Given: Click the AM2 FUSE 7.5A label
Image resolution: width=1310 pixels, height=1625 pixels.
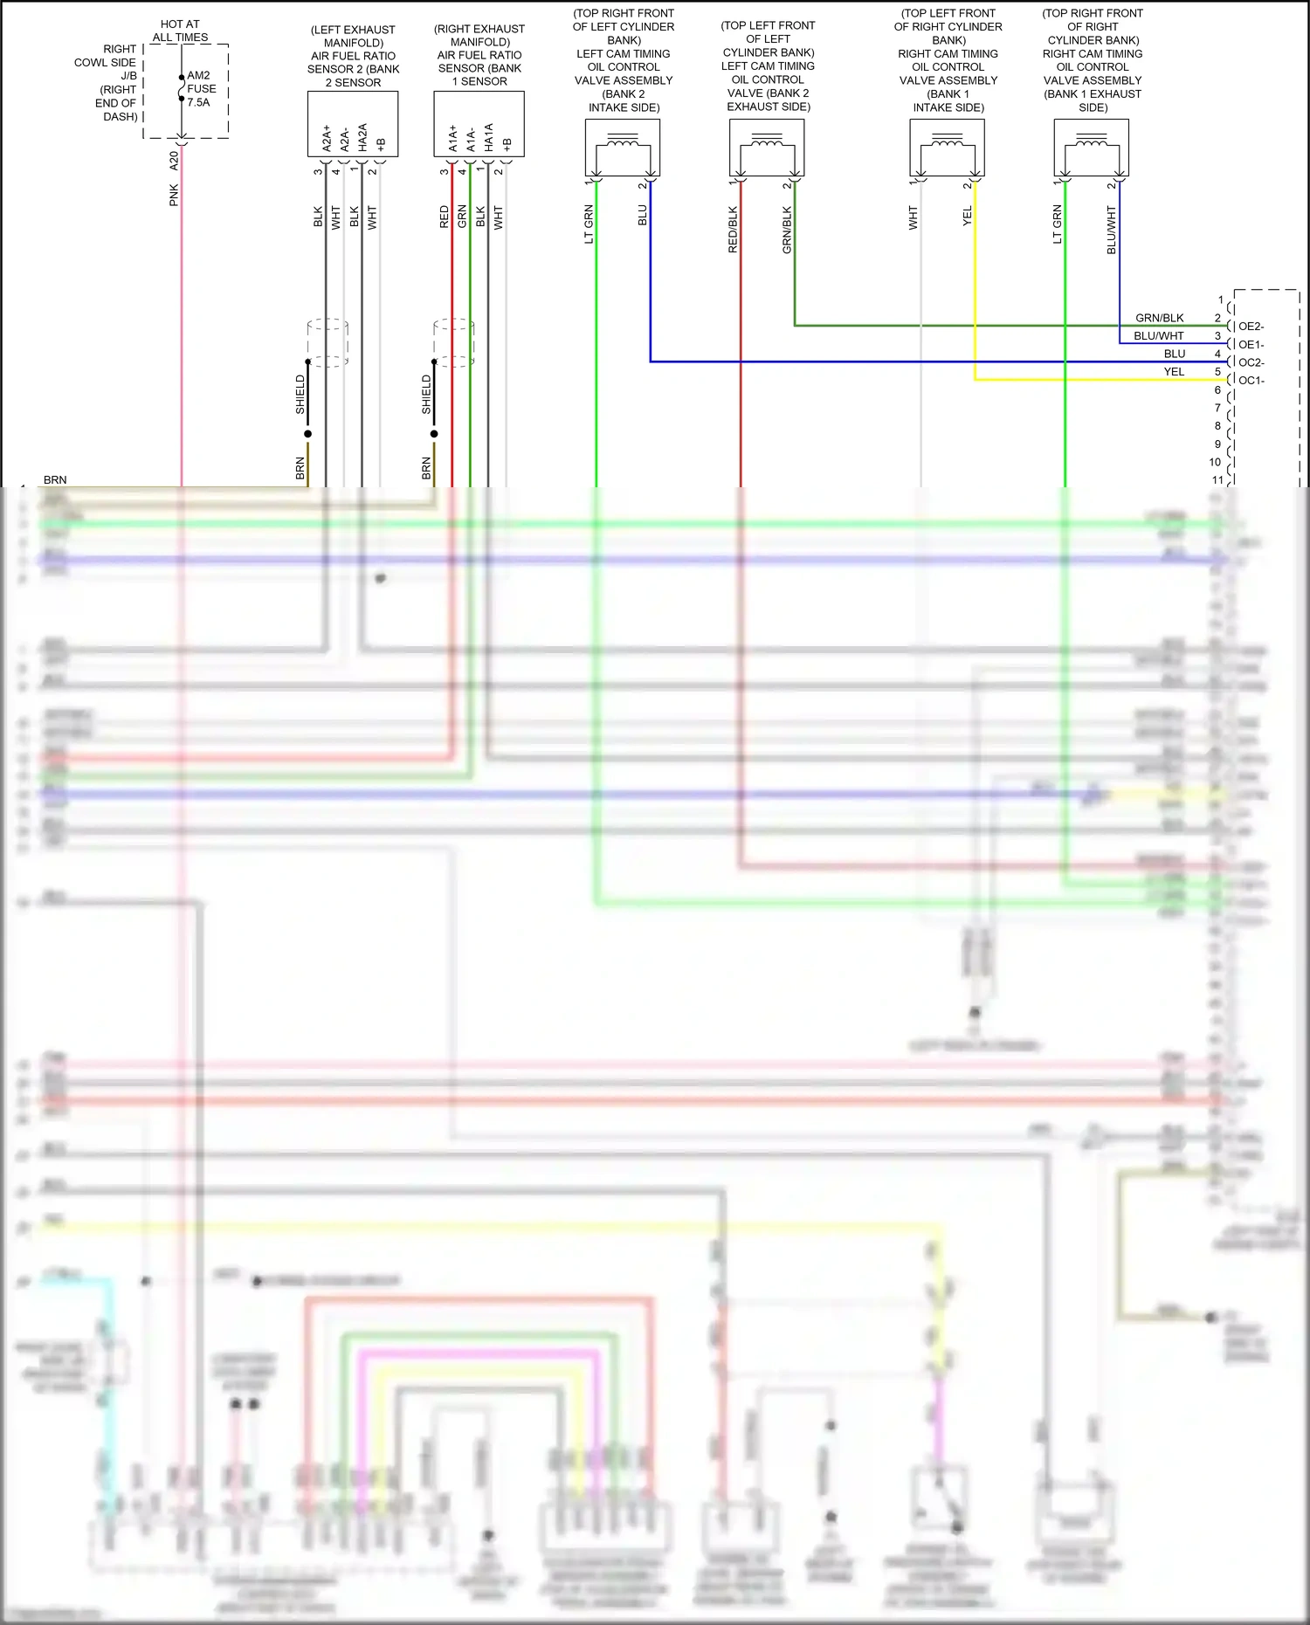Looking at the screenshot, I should (x=201, y=89).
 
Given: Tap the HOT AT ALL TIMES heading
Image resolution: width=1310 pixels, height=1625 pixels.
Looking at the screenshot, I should (x=180, y=31).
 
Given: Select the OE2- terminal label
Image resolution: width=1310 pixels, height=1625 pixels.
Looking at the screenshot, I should (x=1251, y=327).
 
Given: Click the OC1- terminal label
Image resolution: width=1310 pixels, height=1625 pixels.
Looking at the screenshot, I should (x=1251, y=381).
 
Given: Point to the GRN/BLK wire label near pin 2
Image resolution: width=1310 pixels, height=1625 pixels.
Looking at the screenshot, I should (x=1159, y=318).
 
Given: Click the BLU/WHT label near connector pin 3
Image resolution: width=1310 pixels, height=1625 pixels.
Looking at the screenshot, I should (x=1158, y=336).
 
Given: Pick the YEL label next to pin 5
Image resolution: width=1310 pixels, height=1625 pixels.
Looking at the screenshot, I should (x=1174, y=372).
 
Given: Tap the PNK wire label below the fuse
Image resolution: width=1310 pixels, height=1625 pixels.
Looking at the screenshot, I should (x=174, y=195).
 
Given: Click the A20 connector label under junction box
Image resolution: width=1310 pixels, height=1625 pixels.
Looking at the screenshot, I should (x=174, y=160).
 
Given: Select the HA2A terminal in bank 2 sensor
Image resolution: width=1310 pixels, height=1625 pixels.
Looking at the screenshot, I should (x=362, y=137).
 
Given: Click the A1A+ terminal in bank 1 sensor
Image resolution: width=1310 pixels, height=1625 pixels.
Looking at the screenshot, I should (x=453, y=138).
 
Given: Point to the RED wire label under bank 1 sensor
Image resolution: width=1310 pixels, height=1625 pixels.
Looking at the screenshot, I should (x=445, y=217).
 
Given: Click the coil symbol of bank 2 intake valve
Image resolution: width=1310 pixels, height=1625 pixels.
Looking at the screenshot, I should (x=623, y=141).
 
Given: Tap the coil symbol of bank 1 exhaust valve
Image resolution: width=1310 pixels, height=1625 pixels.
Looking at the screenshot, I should (x=1092, y=141).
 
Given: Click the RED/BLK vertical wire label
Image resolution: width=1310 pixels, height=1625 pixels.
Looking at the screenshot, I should (x=733, y=230).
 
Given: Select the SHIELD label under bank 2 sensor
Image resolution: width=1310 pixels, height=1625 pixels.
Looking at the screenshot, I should (x=300, y=394).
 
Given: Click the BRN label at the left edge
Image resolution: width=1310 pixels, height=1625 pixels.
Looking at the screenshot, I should (x=55, y=480).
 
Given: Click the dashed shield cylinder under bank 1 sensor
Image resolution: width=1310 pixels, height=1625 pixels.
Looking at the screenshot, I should (x=454, y=342).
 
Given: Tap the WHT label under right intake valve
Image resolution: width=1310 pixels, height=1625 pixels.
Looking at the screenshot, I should (x=913, y=217).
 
